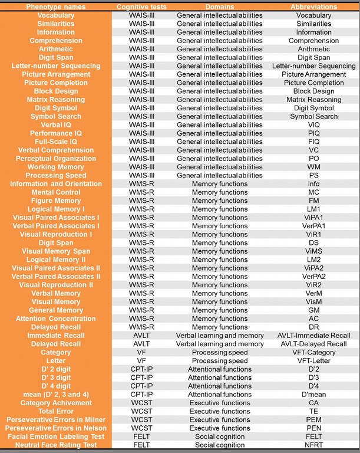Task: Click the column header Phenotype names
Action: [x=55, y=6]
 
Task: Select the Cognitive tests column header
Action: [x=141, y=6]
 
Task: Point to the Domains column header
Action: [x=220, y=6]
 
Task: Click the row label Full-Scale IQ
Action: [x=55, y=142]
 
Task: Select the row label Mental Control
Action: [x=55, y=192]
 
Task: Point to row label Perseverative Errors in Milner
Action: [x=55, y=419]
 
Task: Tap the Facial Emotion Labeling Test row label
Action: [x=55, y=436]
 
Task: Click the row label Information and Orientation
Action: [x=55, y=184]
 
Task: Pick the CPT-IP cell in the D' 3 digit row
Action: [x=141, y=377]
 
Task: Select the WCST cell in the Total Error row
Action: [x=141, y=411]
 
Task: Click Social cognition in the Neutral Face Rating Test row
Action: [x=220, y=445]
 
